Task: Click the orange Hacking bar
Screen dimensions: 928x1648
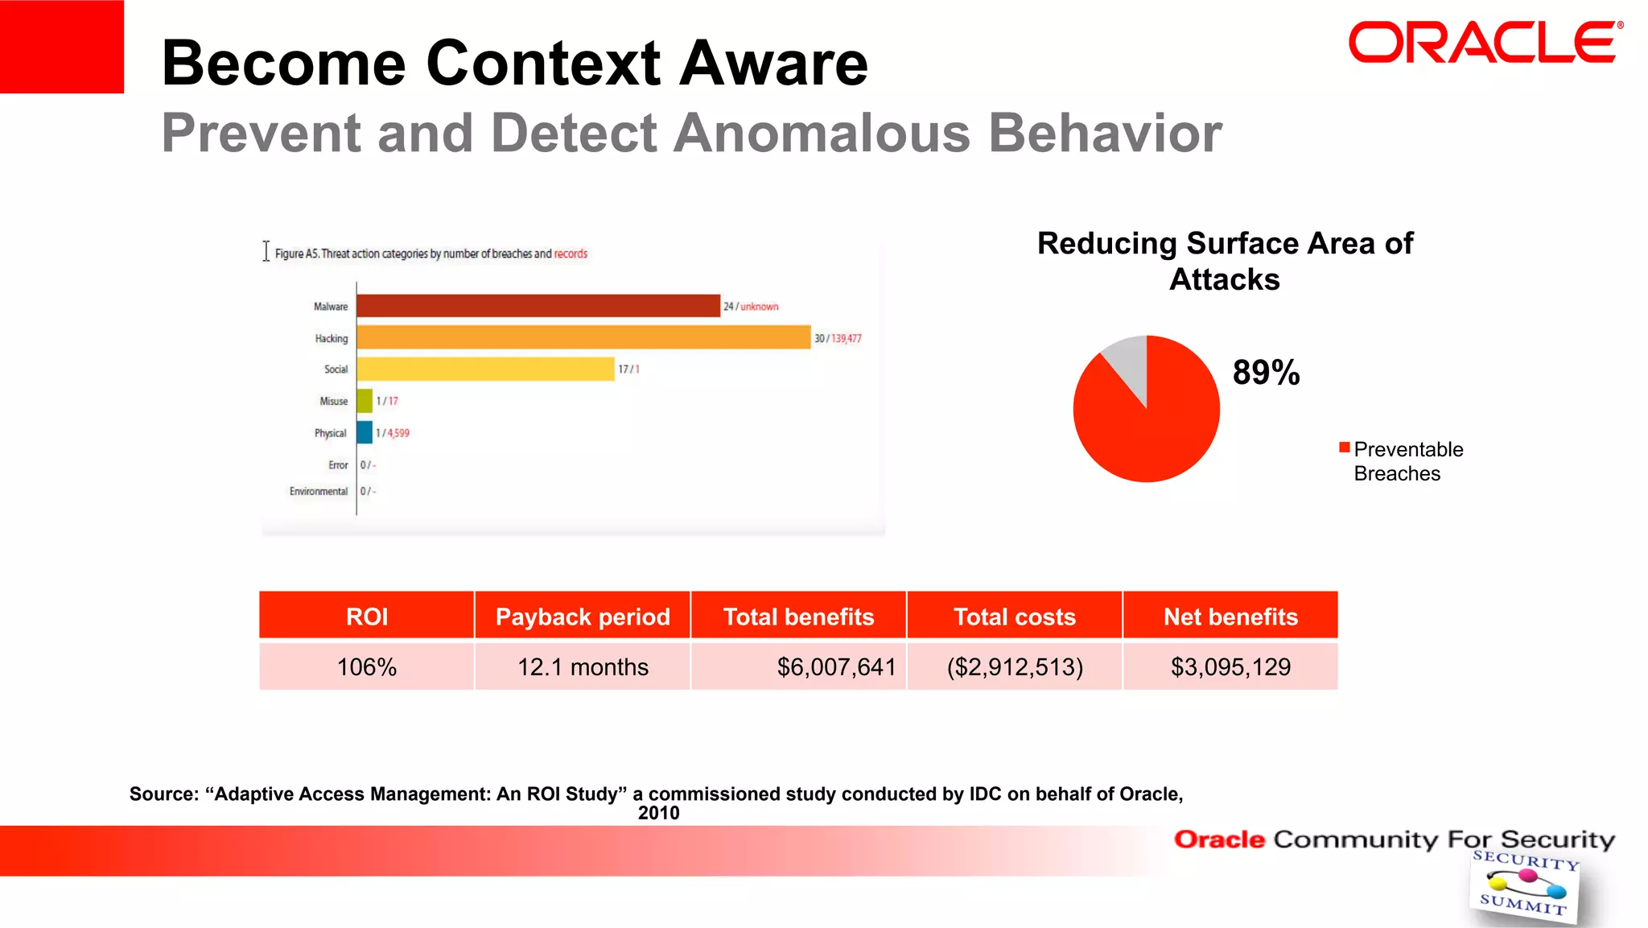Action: click(583, 337)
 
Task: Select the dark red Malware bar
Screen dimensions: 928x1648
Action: click(538, 306)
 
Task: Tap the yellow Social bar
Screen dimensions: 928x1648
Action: click(485, 369)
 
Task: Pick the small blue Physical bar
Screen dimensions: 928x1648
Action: click(365, 432)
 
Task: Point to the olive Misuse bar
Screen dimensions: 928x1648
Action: click(365, 400)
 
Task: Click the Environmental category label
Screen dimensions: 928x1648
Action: click(319, 491)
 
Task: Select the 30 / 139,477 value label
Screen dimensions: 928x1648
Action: click(838, 338)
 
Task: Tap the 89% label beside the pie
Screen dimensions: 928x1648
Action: click(1266, 373)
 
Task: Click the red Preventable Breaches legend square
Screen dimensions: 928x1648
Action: click(1344, 448)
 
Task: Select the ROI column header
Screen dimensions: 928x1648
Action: click(367, 617)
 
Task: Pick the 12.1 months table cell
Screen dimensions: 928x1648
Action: click(583, 666)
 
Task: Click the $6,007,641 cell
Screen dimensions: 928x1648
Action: click(835, 666)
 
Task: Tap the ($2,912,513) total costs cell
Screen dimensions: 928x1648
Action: click(1015, 666)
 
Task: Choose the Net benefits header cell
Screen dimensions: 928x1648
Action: click(1230, 617)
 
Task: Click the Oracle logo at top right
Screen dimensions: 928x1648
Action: click(1483, 43)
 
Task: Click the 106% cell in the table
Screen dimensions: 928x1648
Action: click(367, 666)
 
